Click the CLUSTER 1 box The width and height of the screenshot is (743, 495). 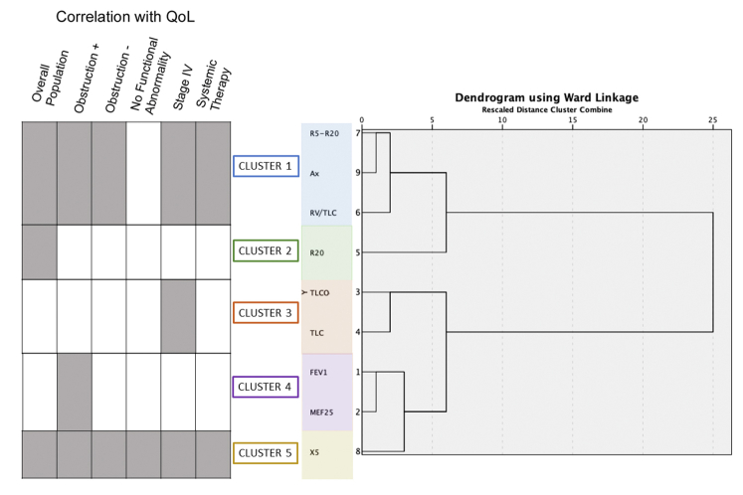click(x=266, y=166)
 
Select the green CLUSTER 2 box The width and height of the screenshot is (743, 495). click(x=266, y=251)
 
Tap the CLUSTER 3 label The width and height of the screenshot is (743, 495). click(x=266, y=312)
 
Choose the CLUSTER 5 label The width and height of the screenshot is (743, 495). click(x=266, y=452)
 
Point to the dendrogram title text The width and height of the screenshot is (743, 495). click(x=546, y=97)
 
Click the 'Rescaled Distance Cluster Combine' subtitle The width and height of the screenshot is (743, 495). click(x=546, y=109)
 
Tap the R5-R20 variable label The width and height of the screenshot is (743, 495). click(x=324, y=132)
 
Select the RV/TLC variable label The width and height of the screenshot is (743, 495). click(x=324, y=212)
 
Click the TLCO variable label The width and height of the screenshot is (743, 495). click(x=319, y=292)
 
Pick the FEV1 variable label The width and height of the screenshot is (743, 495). click(x=320, y=371)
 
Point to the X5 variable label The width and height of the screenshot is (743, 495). click(x=314, y=452)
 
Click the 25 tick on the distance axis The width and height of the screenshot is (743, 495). click(x=713, y=119)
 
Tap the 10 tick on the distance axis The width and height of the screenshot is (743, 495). click(x=502, y=119)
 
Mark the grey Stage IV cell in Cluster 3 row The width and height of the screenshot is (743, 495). click(x=178, y=316)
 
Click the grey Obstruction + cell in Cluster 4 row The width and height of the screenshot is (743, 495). click(x=75, y=392)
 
